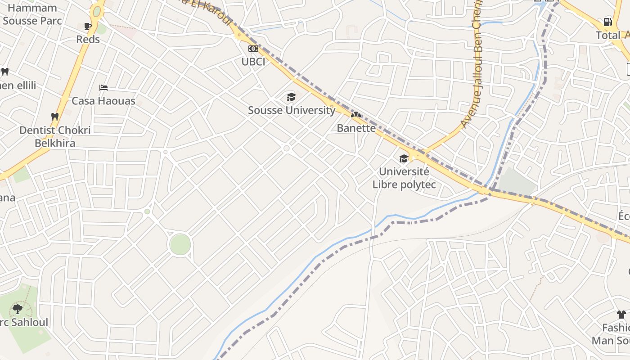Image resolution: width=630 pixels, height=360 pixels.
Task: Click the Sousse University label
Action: click(292, 110)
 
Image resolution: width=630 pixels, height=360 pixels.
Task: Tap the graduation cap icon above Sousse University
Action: click(291, 97)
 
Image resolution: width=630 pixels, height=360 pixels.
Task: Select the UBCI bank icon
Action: click(253, 49)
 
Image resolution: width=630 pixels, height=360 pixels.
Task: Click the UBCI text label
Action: click(253, 62)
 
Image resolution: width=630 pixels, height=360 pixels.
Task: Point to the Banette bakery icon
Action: click(356, 115)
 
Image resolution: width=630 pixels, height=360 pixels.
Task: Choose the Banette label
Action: click(356, 128)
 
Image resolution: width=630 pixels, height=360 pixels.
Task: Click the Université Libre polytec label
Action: click(404, 178)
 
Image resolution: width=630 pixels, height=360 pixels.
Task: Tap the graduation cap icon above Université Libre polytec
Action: click(404, 158)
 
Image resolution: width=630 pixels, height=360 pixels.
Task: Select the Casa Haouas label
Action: click(103, 101)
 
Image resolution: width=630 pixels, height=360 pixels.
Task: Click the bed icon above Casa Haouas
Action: click(103, 87)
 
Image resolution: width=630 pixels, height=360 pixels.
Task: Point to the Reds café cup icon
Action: click(88, 26)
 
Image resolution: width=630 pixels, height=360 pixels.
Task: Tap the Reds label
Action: click(88, 39)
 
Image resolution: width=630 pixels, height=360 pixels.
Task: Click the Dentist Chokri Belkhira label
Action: click(55, 136)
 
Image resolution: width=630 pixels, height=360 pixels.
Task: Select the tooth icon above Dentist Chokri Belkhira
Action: click(55, 117)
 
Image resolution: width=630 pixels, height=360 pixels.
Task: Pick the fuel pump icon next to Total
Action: click(607, 22)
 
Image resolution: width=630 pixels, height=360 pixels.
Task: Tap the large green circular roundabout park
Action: click(180, 245)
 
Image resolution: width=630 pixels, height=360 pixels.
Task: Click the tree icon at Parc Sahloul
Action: click(18, 309)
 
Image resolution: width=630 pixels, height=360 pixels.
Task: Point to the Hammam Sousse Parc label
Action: click(31, 14)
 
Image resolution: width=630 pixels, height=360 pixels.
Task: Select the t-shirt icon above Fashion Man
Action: click(621, 314)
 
